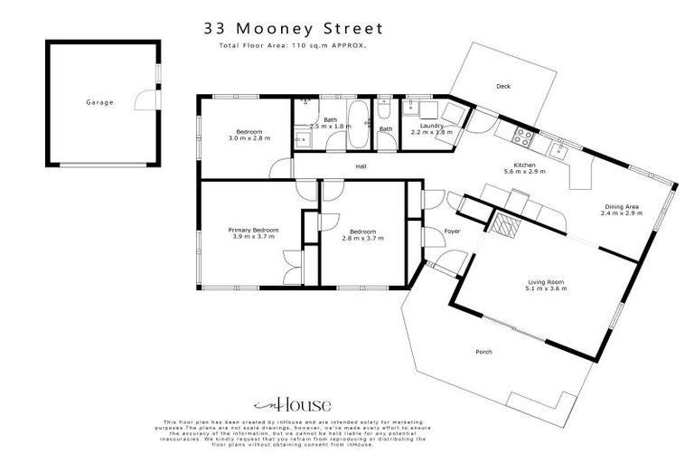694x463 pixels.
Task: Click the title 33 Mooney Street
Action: (293, 29)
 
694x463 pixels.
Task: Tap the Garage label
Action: (99, 102)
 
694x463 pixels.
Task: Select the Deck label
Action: (503, 87)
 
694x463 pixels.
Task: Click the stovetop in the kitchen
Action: (522, 137)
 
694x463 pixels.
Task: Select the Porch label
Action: (483, 352)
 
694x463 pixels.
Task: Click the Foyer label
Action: (452, 231)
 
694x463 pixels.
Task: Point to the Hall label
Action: (360, 166)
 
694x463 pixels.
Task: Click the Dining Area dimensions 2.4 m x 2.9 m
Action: (623, 214)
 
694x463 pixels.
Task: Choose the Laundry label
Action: (432, 126)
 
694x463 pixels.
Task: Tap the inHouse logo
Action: (293, 404)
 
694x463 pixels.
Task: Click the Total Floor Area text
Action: (293, 44)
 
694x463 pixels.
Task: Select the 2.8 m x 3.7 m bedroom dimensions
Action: (361, 238)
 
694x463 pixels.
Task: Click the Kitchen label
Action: (525, 165)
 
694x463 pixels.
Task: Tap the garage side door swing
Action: (145, 99)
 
